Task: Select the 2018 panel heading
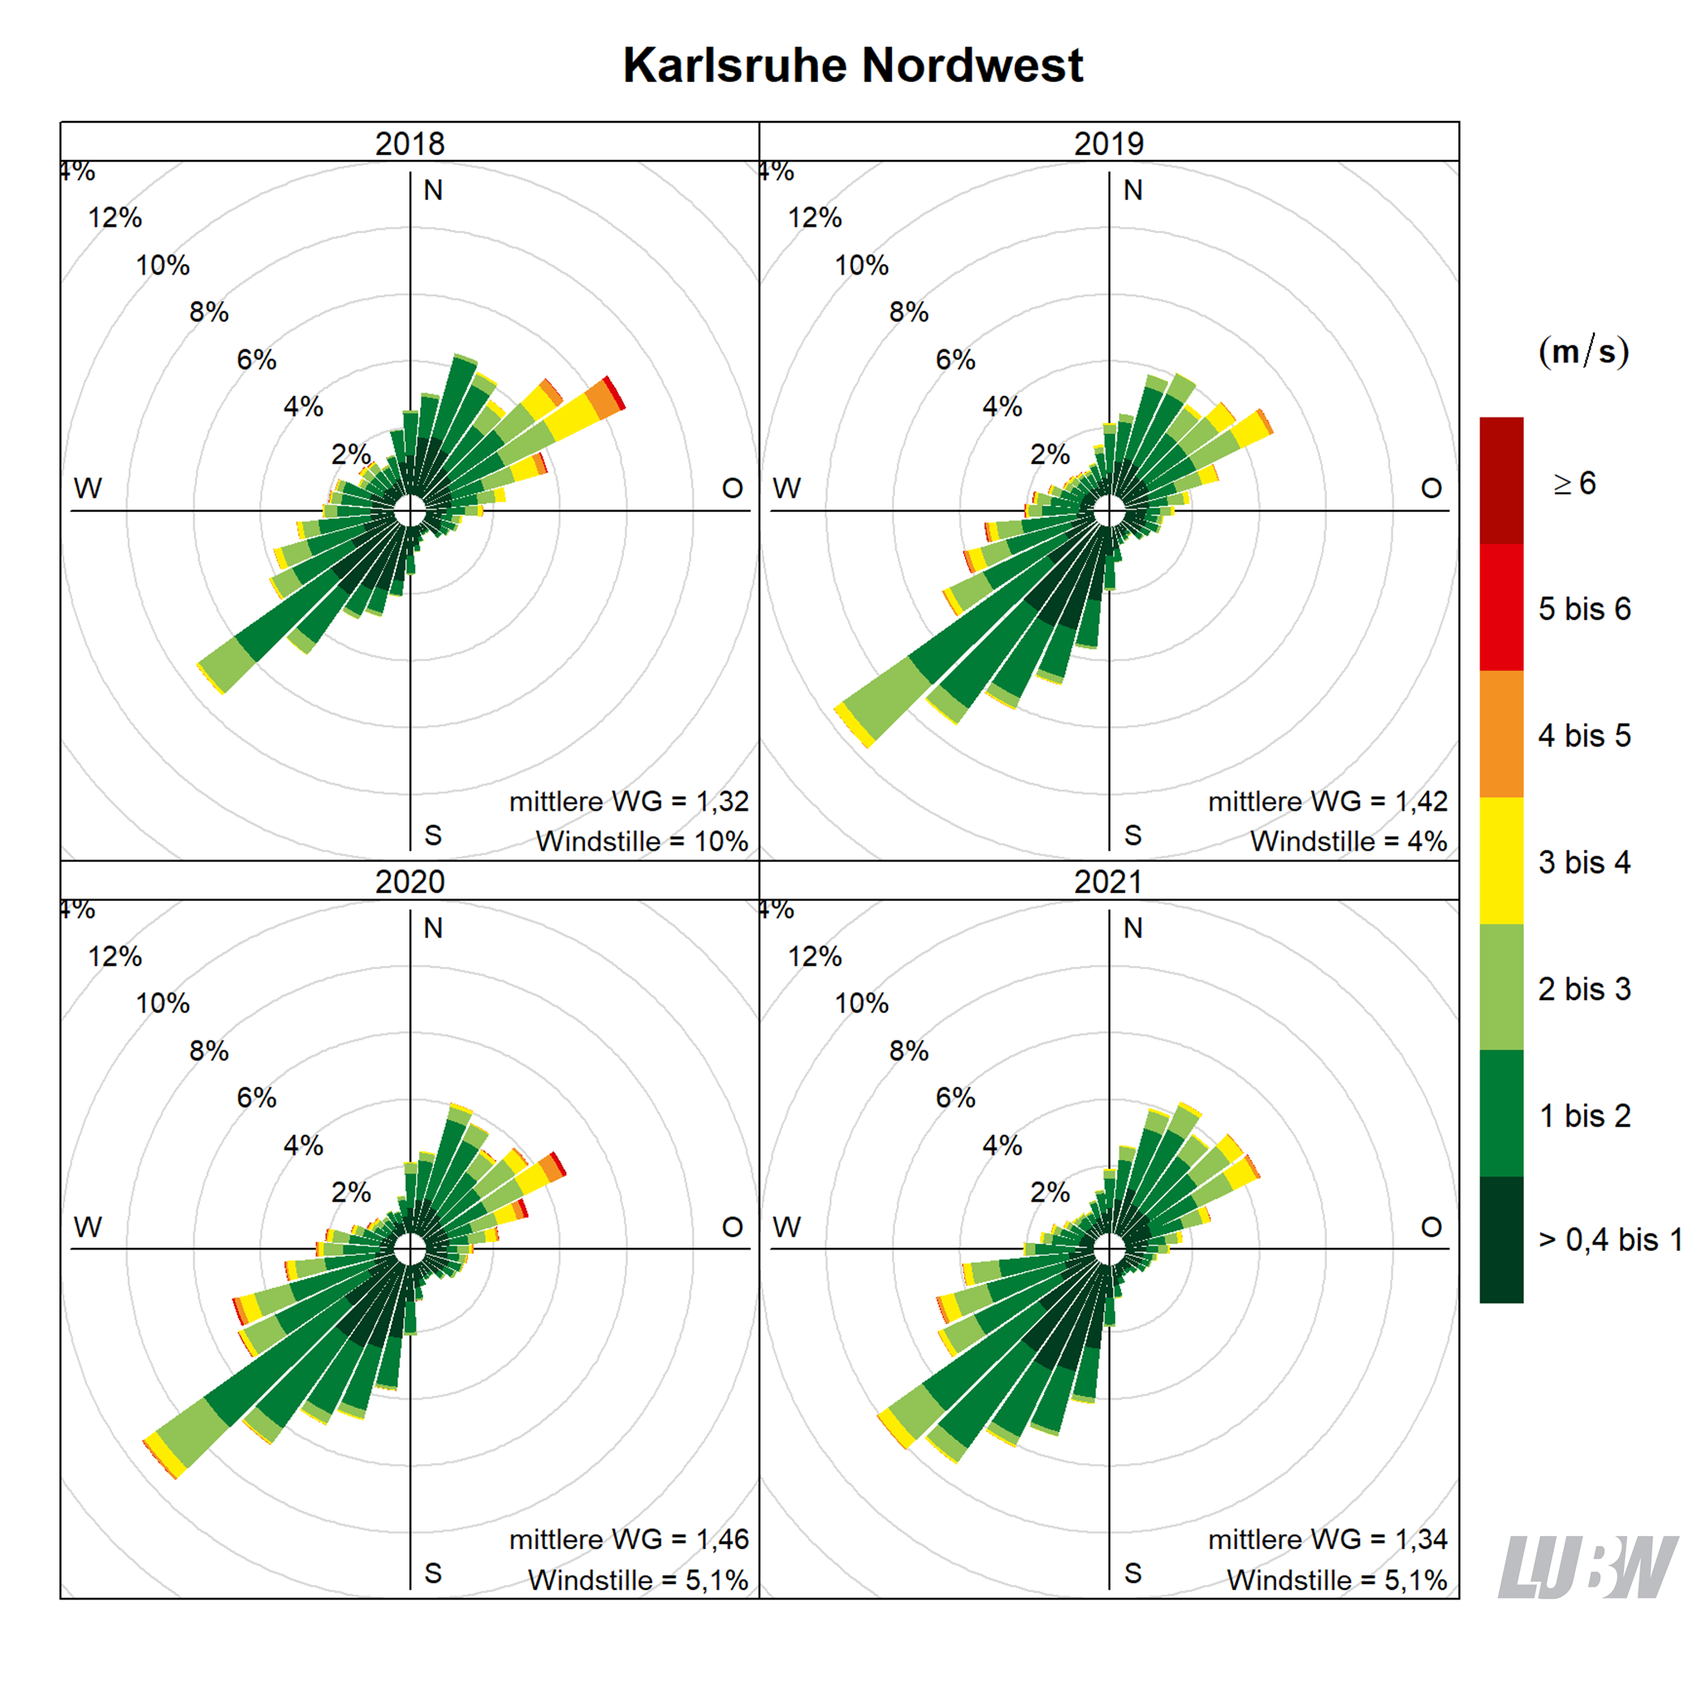pyautogui.click(x=409, y=143)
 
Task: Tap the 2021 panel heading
pyautogui.click(x=1108, y=881)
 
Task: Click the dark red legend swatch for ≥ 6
pyautogui.click(x=1501, y=480)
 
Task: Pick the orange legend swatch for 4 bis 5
pyautogui.click(x=1501, y=734)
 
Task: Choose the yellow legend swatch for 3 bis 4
pyautogui.click(x=1501, y=860)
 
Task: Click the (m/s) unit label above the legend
pyautogui.click(x=1583, y=352)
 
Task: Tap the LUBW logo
pyautogui.click(x=1587, y=1566)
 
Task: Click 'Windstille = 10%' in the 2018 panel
pyautogui.click(x=642, y=841)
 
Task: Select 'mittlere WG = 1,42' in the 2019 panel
pyautogui.click(x=1327, y=801)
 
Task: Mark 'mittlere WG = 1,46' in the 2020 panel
pyautogui.click(x=629, y=1539)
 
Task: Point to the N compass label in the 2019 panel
pyautogui.click(x=1133, y=190)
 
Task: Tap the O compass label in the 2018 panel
pyautogui.click(x=732, y=488)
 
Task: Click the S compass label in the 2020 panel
pyautogui.click(x=433, y=1573)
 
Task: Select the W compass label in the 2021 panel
pyautogui.click(x=786, y=1227)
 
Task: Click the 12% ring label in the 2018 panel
pyautogui.click(x=115, y=217)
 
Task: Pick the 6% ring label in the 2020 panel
pyautogui.click(x=256, y=1098)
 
